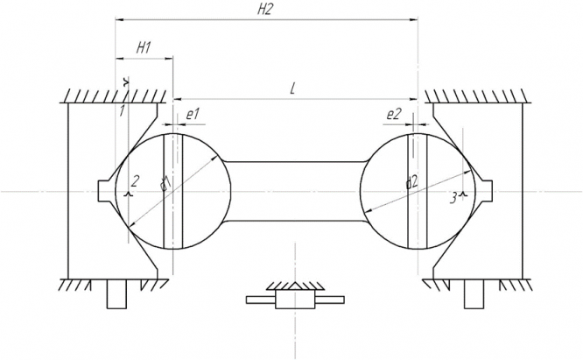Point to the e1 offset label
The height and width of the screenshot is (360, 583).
point(193,114)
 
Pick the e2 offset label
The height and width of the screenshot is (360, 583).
point(393,114)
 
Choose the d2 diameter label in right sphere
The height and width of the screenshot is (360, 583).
point(411,182)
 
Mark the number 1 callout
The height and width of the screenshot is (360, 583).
point(123,110)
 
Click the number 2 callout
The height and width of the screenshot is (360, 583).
point(136,181)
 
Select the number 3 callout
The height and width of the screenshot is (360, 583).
point(453,199)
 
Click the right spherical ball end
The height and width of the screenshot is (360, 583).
point(411,190)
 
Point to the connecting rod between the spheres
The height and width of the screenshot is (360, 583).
point(295,190)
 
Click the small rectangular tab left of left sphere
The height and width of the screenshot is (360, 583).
point(107,190)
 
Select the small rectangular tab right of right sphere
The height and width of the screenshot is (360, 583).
point(484,190)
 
